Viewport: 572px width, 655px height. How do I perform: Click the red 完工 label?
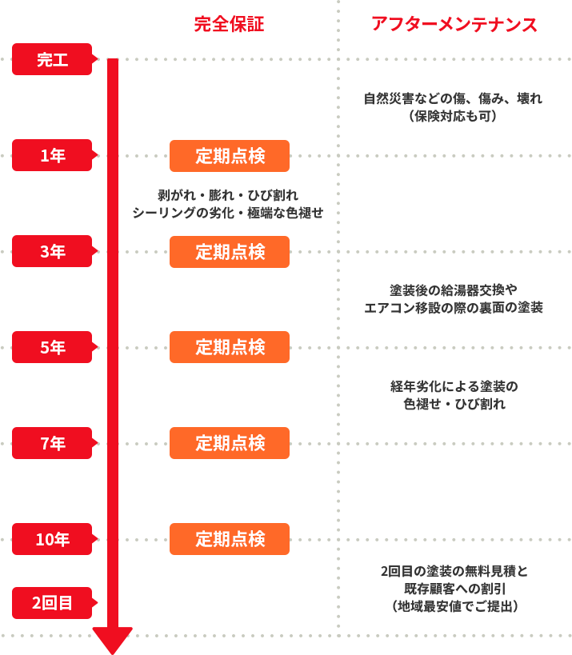[x=53, y=59]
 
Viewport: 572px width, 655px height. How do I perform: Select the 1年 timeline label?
[x=53, y=155]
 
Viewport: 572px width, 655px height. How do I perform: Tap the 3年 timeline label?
[x=53, y=251]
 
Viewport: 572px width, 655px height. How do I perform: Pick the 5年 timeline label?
[x=53, y=347]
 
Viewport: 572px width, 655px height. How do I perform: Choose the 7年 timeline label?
[x=53, y=443]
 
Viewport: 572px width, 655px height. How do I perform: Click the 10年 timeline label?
[x=53, y=539]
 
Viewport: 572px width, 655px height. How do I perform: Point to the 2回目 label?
[x=53, y=603]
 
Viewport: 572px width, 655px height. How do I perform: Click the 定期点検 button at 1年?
[x=230, y=155]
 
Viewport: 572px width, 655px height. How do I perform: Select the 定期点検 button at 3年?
[x=230, y=251]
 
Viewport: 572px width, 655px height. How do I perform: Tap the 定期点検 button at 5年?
[x=230, y=347]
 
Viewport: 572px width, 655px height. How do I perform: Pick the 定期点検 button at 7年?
[x=230, y=443]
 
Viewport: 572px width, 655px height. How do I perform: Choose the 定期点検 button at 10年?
[x=230, y=539]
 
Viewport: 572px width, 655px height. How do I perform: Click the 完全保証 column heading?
[x=229, y=25]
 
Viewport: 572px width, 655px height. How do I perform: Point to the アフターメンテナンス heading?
[x=454, y=25]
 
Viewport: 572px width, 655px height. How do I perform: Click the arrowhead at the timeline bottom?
[x=112, y=640]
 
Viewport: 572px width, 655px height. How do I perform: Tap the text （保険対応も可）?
[x=453, y=117]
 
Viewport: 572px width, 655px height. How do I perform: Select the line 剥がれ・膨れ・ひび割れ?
[x=229, y=195]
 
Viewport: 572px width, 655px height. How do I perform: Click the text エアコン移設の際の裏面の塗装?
[x=453, y=308]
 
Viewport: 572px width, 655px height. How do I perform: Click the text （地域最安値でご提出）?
[x=454, y=606]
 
